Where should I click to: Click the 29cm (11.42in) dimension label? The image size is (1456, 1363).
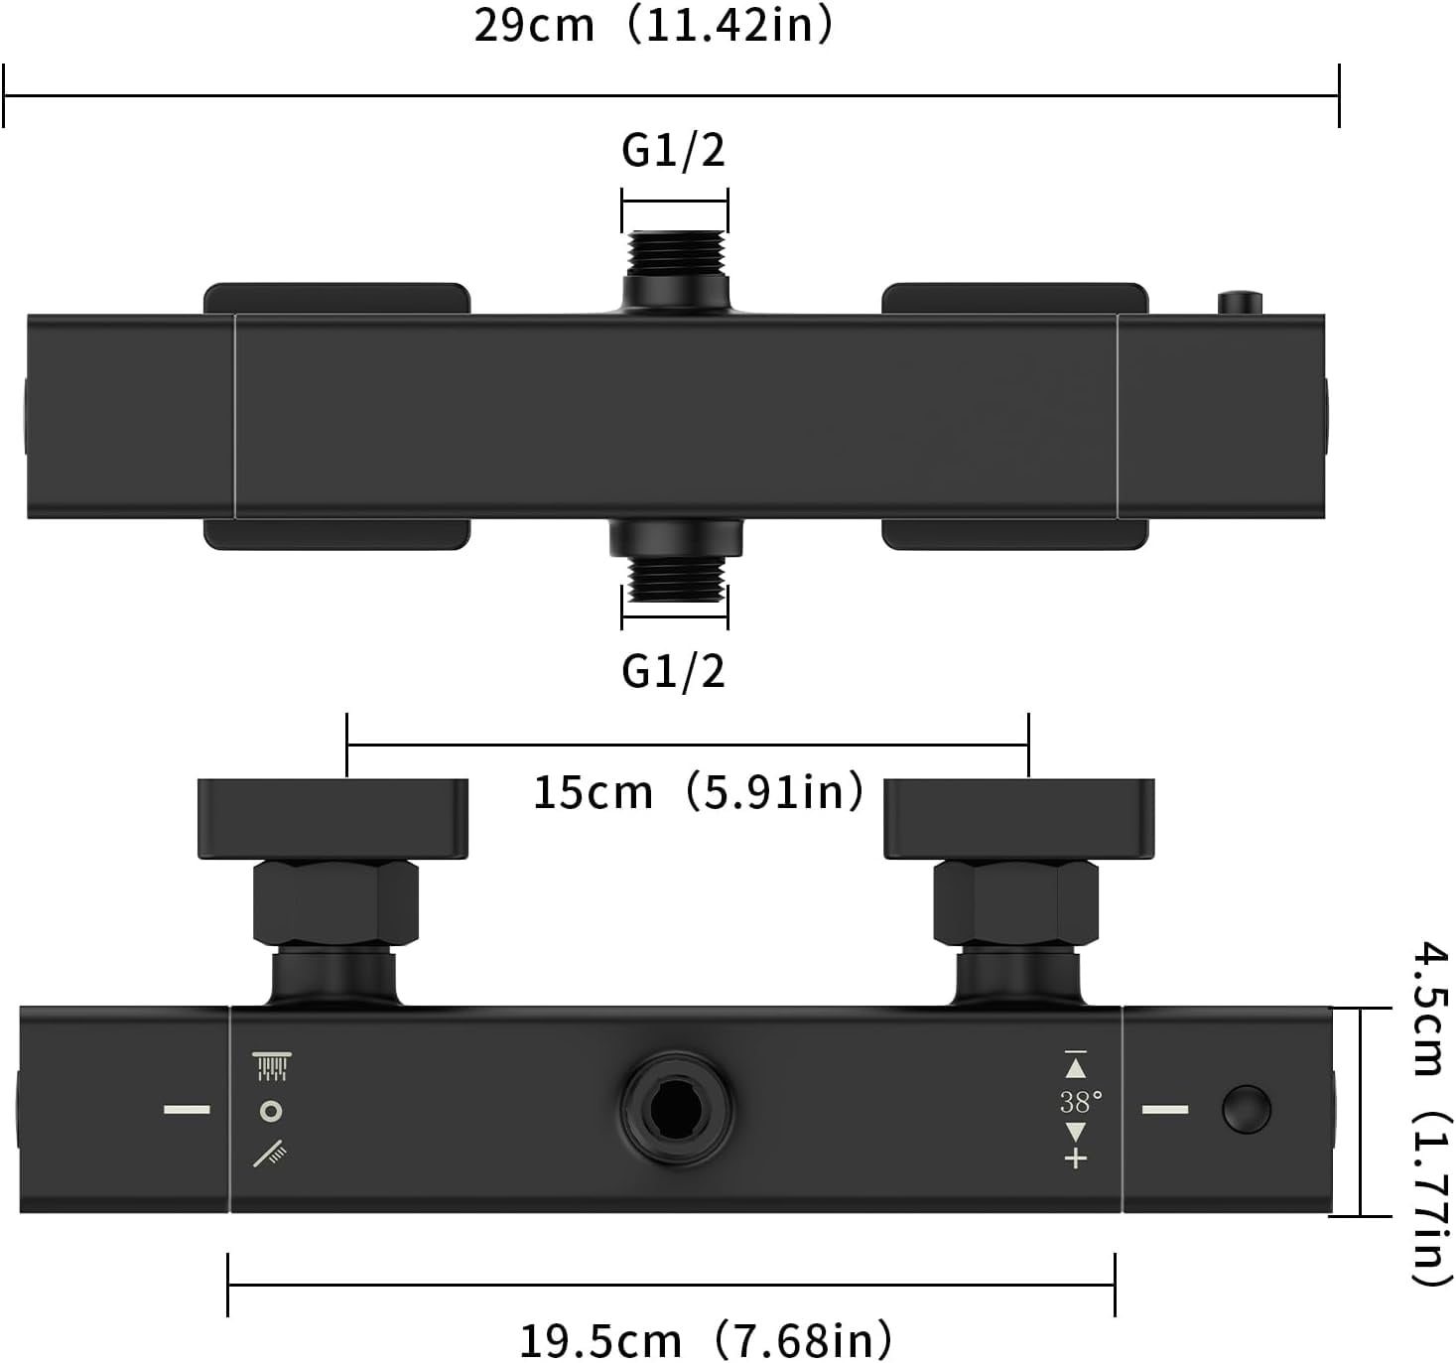tap(654, 27)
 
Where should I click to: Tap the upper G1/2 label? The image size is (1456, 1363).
tap(673, 150)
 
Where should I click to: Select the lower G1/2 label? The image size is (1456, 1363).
tap(673, 670)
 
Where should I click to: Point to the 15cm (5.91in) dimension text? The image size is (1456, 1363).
tap(699, 793)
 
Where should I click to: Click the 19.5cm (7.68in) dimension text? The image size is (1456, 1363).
tap(706, 1335)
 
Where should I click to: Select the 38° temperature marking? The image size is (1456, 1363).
tap(1080, 1101)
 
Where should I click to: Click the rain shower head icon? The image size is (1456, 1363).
tap(271, 1066)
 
